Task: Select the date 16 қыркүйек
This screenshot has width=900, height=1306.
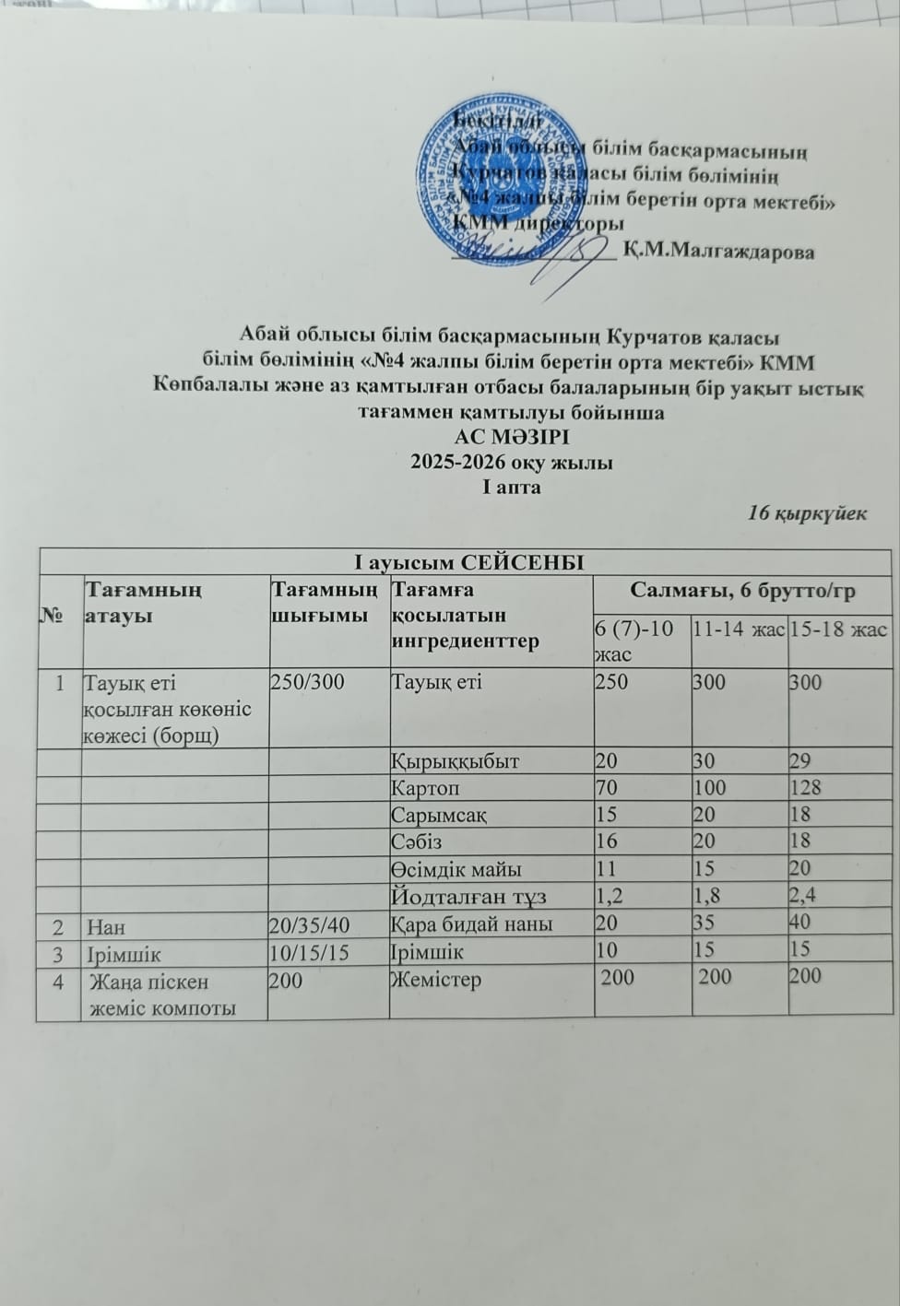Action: (807, 513)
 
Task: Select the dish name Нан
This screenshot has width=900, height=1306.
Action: (105, 926)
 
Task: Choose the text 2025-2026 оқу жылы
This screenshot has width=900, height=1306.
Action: (512, 463)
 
